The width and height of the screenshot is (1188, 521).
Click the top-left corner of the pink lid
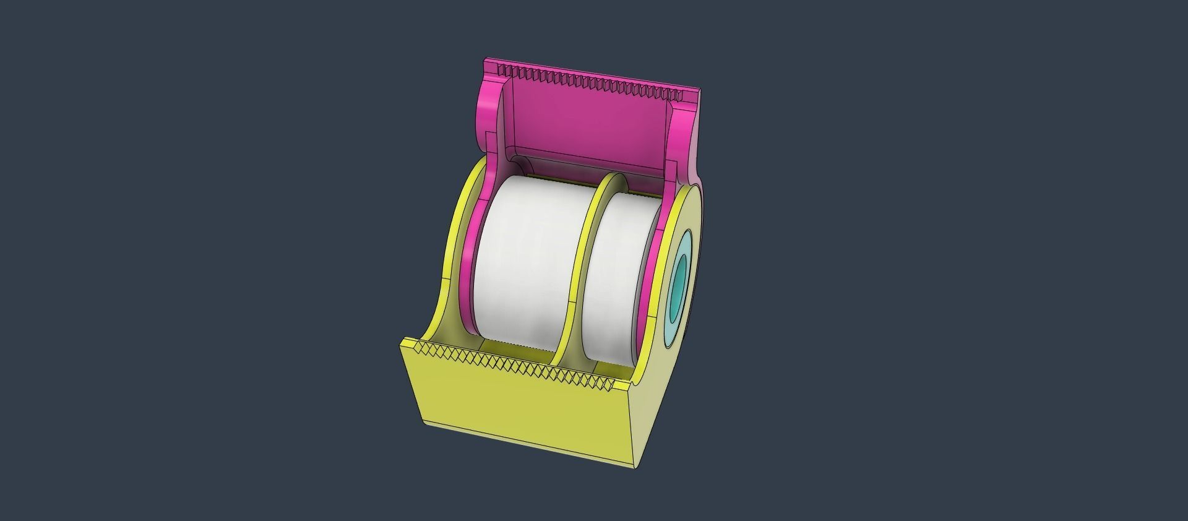[x=486, y=61]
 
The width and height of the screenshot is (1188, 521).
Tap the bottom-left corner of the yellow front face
[x=426, y=421]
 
